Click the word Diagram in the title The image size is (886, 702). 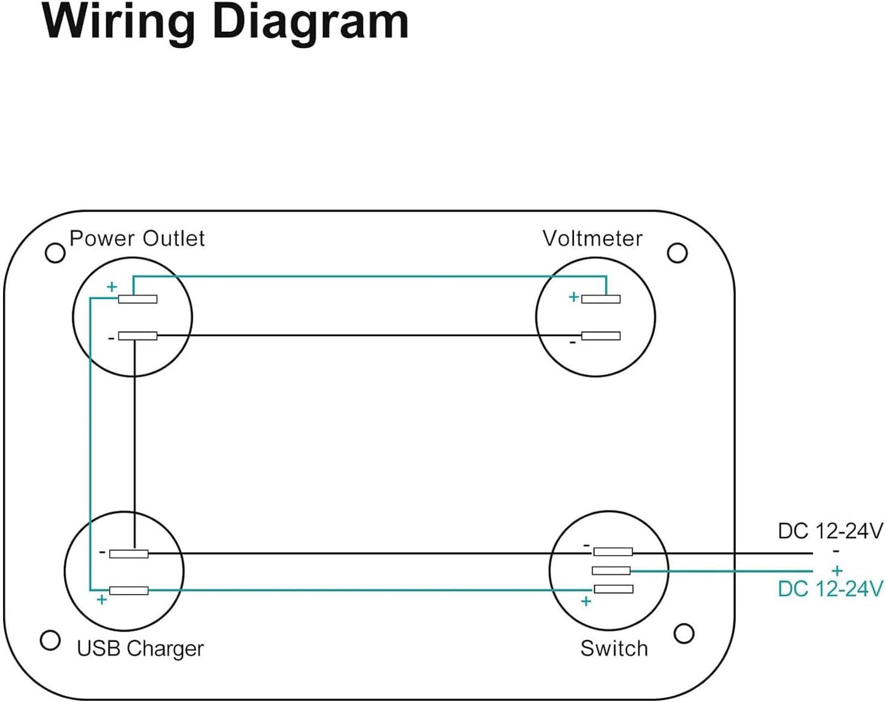pos(310,22)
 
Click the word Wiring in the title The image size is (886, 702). pos(118,22)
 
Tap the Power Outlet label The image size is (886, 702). pos(137,239)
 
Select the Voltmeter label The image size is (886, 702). pos(592,239)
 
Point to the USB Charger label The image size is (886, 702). pos(140,649)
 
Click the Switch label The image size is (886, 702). pos(614,649)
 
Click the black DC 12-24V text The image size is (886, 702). pos(830,531)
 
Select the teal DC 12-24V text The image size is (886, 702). pos(830,589)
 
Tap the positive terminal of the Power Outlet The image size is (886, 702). pos(137,299)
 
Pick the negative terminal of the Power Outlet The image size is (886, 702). pos(137,336)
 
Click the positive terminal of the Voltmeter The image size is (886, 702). pos(601,299)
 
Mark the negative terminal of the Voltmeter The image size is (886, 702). pos(601,336)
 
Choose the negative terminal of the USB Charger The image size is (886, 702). pos(129,554)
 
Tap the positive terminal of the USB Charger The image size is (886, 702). pos(129,591)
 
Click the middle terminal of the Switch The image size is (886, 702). pos(611,571)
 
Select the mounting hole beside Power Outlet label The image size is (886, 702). pos(55,253)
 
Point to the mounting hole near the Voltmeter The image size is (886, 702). pos(677,253)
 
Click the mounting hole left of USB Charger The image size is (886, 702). pos(50,641)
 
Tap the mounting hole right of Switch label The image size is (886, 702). pos(684,633)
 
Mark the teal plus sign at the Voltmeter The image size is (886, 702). pos(574,297)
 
